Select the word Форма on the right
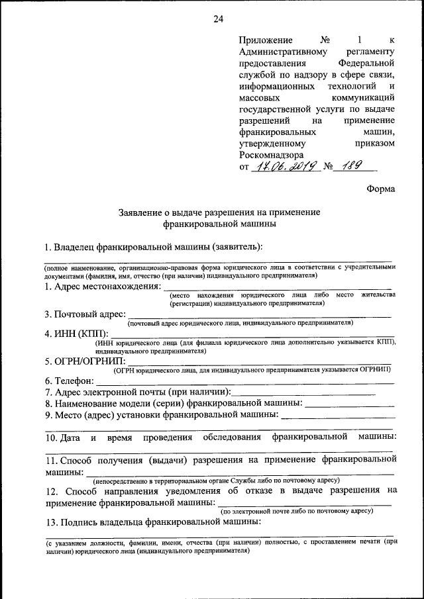click(381, 189)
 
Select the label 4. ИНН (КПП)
click(76, 333)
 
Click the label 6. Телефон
click(70, 381)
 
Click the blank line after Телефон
click(245, 383)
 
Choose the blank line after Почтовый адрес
click(260, 316)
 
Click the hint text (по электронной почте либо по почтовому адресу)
click(296, 511)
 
